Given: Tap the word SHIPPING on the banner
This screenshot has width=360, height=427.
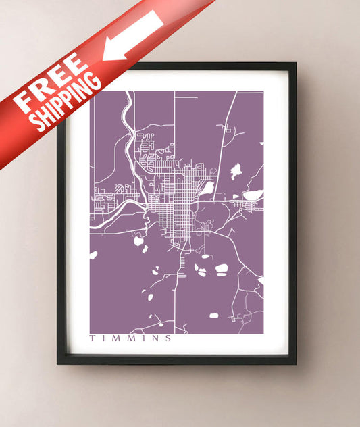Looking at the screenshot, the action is (x=67, y=101).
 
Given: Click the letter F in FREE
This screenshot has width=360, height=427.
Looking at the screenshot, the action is (x=28, y=104).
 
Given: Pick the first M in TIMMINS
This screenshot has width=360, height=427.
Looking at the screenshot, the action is (x=114, y=338).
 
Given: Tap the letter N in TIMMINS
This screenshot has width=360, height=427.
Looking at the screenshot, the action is (x=153, y=338).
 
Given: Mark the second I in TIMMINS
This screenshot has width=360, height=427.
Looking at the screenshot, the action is (x=140, y=338).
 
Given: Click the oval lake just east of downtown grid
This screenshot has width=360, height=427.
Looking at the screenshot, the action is (x=208, y=188).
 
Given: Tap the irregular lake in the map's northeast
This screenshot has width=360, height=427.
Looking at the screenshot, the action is (x=236, y=171).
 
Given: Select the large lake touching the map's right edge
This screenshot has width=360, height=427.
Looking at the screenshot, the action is (x=253, y=195).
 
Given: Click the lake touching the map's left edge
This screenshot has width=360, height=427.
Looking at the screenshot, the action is (x=93, y=255).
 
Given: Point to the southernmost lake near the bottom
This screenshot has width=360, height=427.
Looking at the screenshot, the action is (x=214, y=316).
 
